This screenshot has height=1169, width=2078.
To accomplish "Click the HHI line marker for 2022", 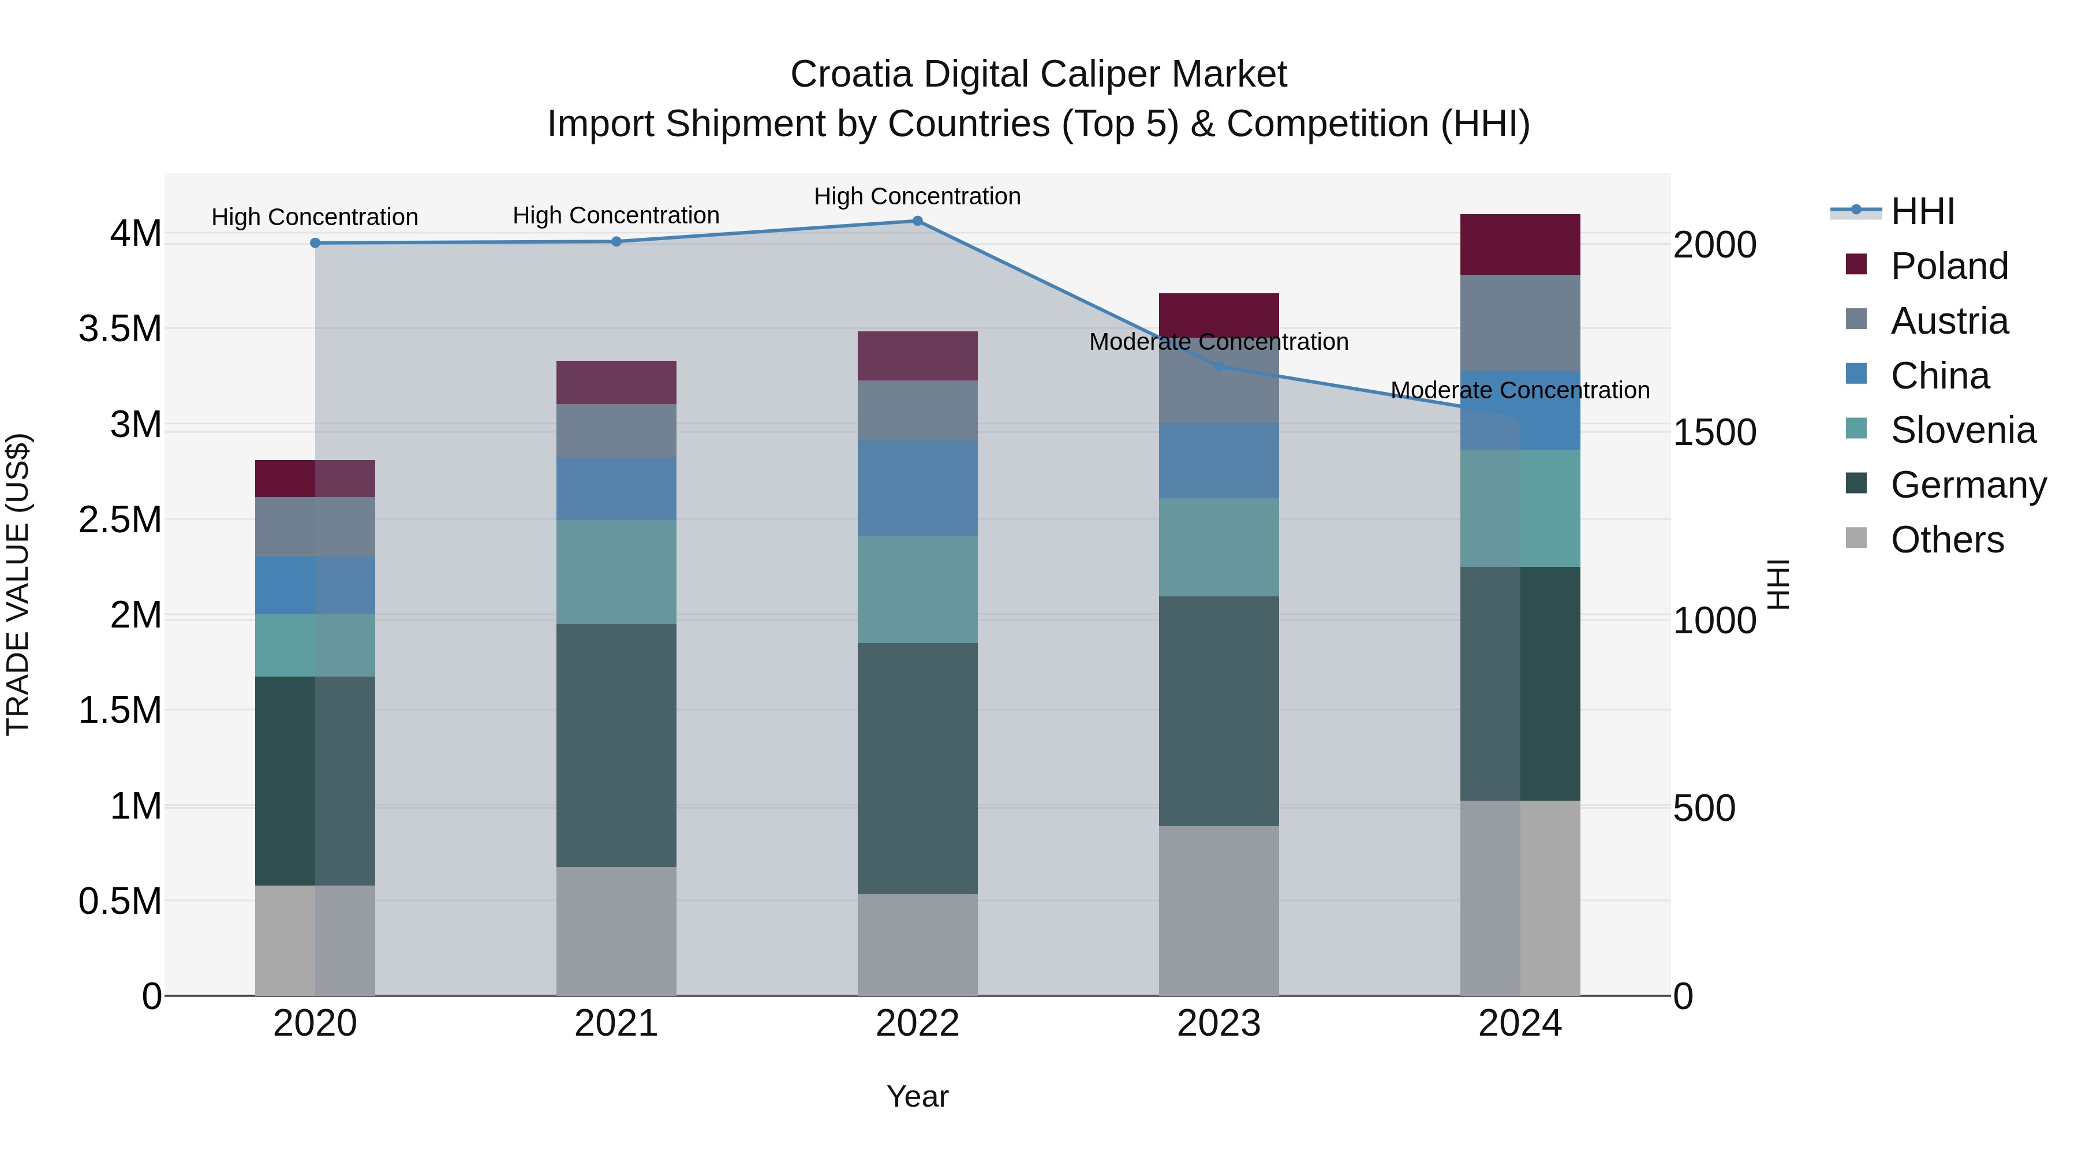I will coord(917,221).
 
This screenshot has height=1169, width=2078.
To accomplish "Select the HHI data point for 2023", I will coord(1219,366).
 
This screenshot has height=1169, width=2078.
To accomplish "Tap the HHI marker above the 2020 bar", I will coord(315,243).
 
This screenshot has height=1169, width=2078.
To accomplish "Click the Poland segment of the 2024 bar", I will coord(1520,244).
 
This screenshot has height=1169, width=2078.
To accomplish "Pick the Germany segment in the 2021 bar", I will coord(616,745).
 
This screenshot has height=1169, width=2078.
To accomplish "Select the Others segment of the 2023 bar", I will coord(1219,910).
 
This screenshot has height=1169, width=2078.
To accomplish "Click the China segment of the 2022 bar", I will coord(917,488).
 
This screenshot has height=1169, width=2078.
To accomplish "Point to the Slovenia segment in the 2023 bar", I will coord(1219,547).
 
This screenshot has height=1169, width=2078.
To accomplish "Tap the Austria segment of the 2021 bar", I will coord(616,431).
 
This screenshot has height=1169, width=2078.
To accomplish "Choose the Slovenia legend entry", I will coord(1962,430).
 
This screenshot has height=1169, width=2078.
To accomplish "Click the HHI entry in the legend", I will coord(1922,211).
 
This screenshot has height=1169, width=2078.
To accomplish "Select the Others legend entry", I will coord(1946,540).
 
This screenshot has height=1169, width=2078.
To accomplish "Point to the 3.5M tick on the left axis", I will coord(119,329).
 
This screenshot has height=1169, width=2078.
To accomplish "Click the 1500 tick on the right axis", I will coord(1714,432).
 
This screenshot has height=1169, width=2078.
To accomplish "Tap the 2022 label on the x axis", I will coord(917,1023).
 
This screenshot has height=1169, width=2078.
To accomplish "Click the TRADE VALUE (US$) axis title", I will coord(18,584).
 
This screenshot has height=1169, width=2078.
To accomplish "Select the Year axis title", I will coord(917,1096).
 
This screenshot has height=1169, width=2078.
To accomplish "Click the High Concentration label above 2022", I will coord(917,196).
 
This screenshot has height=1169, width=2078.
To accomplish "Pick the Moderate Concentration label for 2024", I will coord(1520,390).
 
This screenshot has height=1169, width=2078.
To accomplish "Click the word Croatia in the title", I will coord(851,74).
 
